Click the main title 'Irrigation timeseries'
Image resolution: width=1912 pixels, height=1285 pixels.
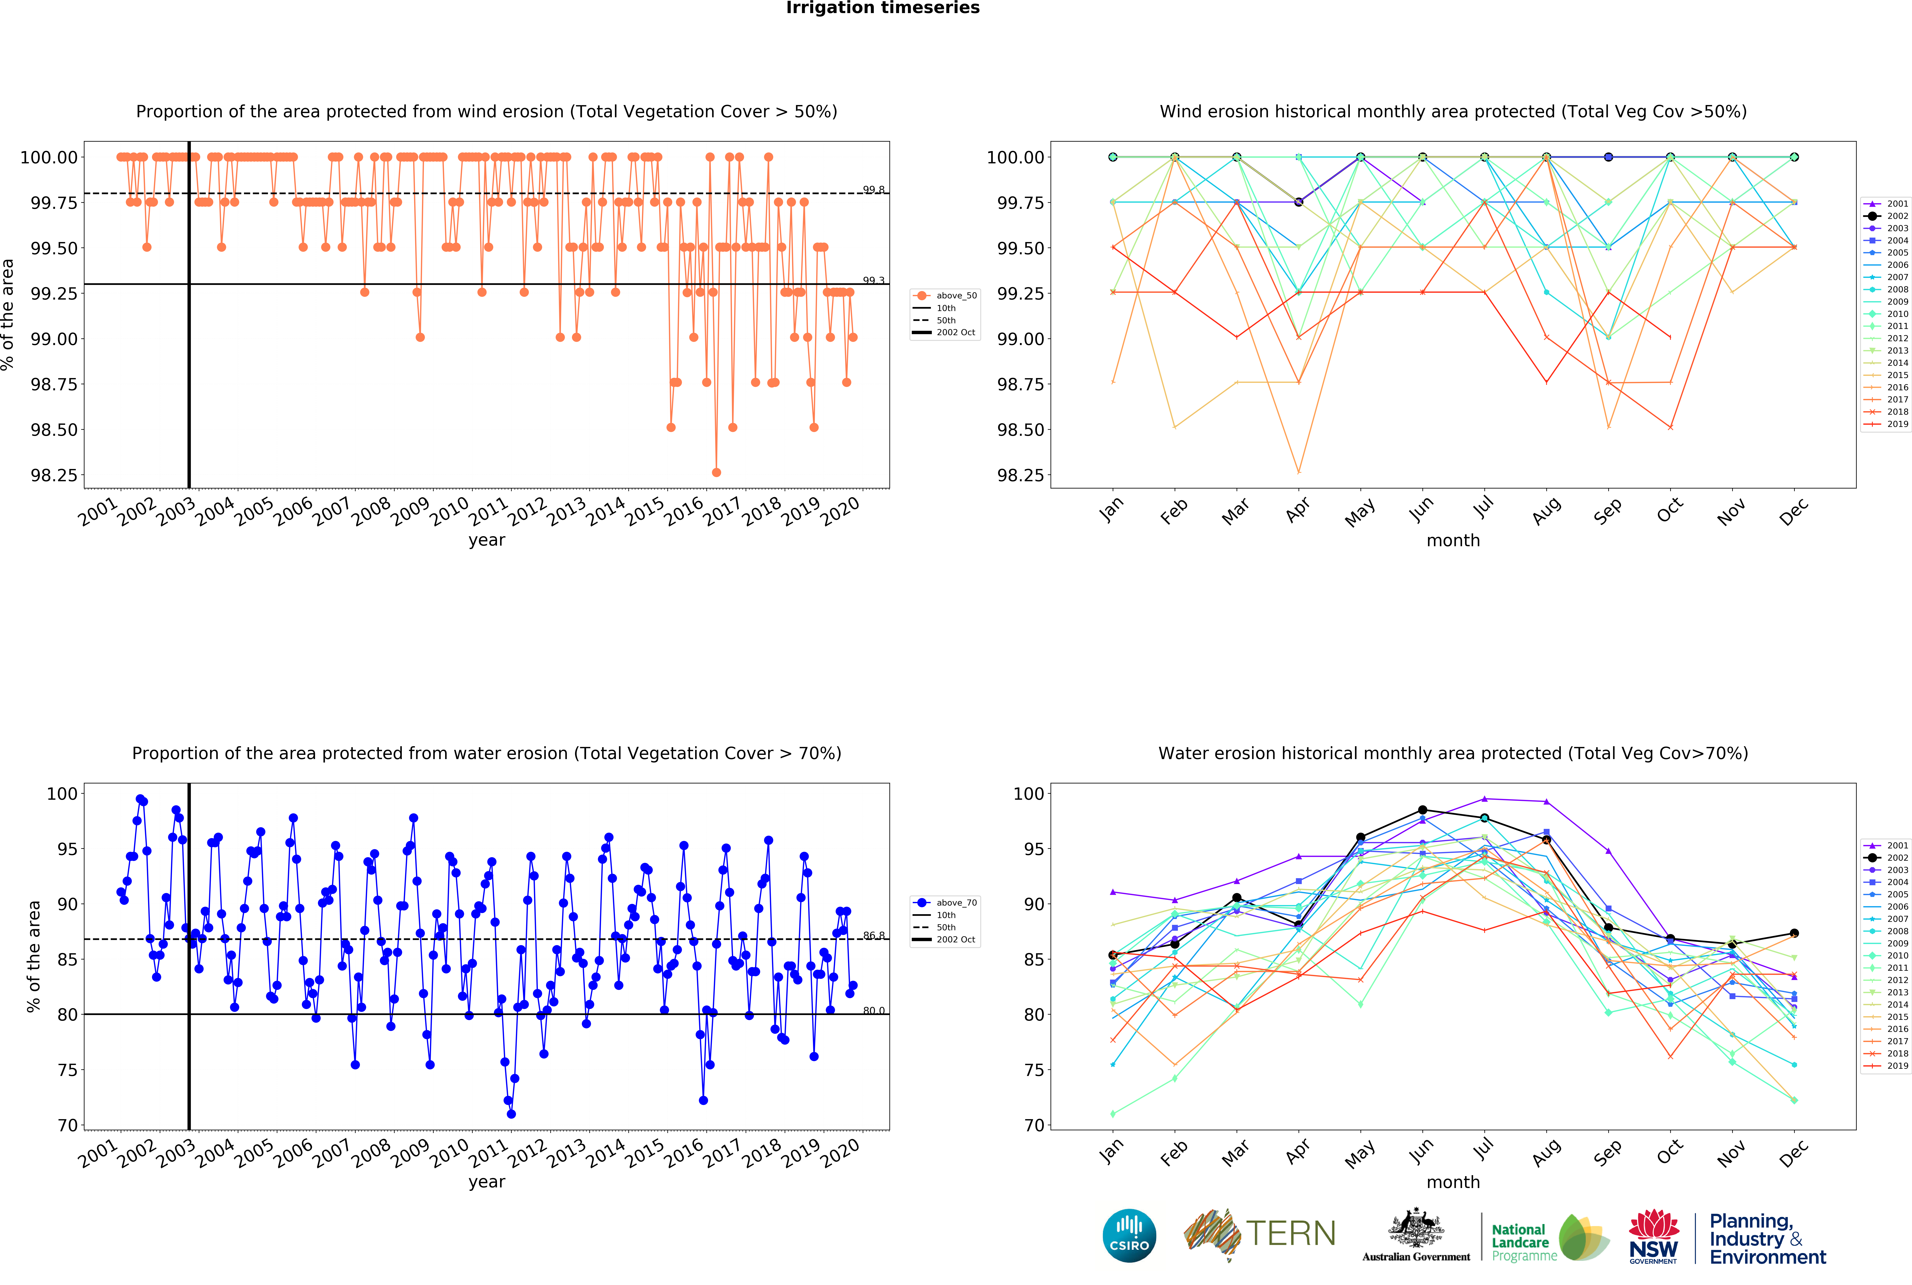(x=882, y=8)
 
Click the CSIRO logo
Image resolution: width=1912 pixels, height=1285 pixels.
(x=1129, y=1235)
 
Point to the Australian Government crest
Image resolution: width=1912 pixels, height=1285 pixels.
(x=1416, y=1229)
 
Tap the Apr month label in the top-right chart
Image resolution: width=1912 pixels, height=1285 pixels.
(x=1298, y=511)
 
